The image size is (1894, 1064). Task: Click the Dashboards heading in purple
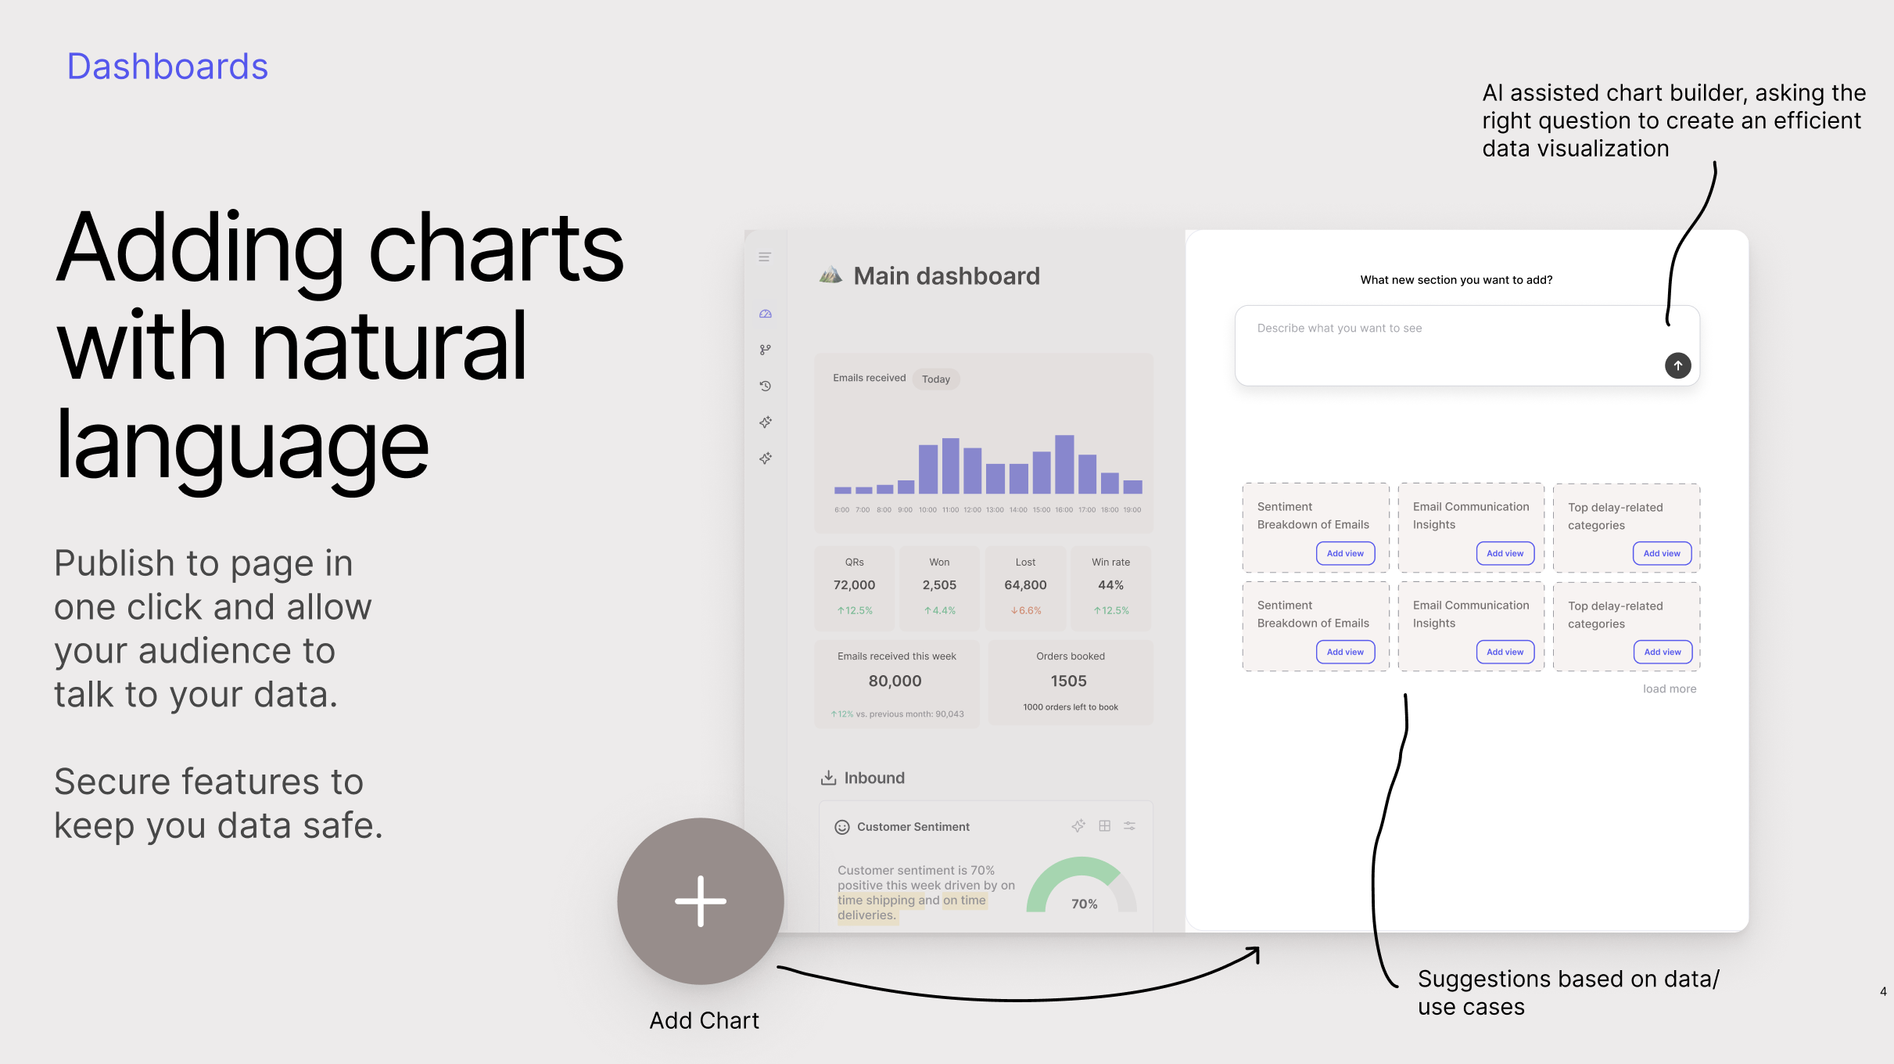pos(167,66)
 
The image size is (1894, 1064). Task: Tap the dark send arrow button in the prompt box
pos(1677,365)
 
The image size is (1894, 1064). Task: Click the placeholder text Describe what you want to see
pos(1340,329)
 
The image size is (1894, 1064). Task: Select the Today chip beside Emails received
pos(936,379)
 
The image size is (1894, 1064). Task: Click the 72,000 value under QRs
pos(854,585)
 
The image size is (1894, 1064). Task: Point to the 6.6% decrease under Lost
pos(1026,611)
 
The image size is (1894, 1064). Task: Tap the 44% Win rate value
pos(1110,585)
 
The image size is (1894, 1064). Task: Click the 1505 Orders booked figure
pos(1069,681)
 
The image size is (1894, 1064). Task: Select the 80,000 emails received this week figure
pos(895,681)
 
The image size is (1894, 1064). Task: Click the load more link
pos(1670,689)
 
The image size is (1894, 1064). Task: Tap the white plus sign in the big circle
pos(701,901)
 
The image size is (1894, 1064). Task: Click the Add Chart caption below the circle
pos(705,1021)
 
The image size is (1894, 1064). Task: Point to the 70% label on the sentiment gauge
pos(1085,904)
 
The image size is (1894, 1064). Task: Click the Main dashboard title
pos(946,276)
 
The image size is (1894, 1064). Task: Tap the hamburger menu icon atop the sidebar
pos(765,257)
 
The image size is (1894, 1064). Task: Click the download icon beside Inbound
pos(828,778)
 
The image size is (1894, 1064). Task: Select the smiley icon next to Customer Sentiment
pos(842,827)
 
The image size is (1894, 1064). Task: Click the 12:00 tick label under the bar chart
pos(972,510)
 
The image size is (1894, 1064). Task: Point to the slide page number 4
pos(1883,992)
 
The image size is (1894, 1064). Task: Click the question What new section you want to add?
pos(1456,280)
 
